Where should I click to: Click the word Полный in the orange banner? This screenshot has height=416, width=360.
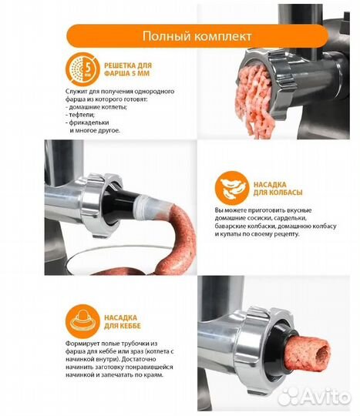coord(165,36)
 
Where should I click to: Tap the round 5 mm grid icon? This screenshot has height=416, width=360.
coord(82,69)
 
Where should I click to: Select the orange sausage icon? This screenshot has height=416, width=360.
coord(232,188)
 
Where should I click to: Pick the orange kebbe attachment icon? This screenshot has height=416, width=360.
coord(82,321)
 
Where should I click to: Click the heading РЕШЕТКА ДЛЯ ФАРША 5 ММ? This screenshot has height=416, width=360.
coord(128,69)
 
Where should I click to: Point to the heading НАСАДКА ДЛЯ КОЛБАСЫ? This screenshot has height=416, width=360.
coord(278,189)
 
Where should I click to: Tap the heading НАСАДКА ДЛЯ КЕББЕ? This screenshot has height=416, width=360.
coord(122,321)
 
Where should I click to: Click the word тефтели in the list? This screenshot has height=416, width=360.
coord(82,115)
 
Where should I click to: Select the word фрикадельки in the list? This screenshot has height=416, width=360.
coord(89,122)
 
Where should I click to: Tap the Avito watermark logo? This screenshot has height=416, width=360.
coord(315,397)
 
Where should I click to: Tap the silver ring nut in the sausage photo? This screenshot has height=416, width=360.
coord(101,204)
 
